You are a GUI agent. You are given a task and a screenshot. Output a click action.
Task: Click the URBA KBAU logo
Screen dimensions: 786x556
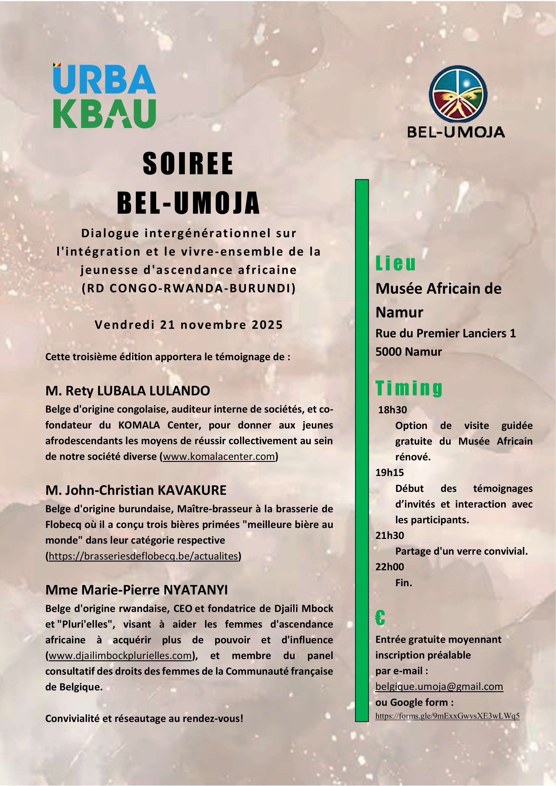click(x=104, y=96)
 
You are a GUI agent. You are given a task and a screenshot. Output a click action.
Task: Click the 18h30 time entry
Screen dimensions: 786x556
click(x=392, y=410)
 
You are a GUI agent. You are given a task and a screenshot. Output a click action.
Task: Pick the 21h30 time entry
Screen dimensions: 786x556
click(x=389, y=535)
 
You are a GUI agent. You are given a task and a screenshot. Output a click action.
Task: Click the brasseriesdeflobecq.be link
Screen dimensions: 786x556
click(x=143, y=556)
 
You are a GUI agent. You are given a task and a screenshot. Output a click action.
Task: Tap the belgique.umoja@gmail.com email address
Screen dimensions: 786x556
click(x=439, y=686)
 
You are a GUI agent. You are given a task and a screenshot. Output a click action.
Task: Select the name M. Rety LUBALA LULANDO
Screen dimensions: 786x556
click(x=128, y=391)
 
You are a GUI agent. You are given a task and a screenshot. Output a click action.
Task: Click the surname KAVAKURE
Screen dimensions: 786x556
click(x=192, y=490)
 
